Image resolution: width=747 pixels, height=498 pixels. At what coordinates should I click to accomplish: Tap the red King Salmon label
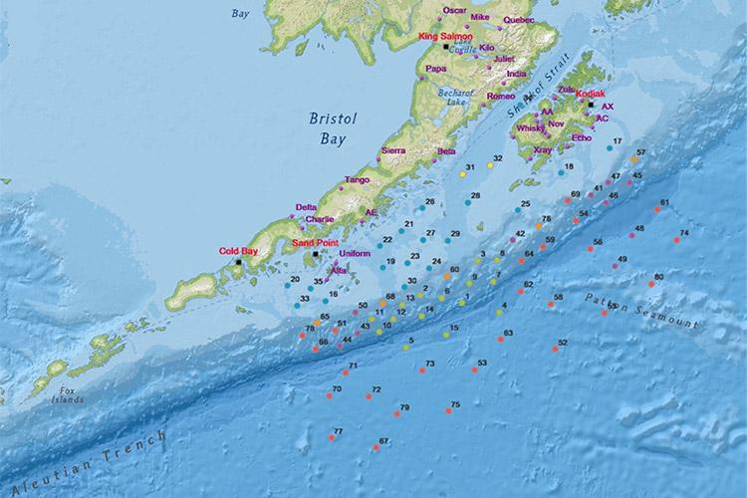pos(443,37)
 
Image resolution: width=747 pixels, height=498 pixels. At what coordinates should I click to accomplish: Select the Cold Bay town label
pos(238,251)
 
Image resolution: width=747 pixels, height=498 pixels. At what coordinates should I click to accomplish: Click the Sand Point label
pos(316,242)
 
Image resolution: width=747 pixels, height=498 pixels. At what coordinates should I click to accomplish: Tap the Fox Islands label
pos(68,395)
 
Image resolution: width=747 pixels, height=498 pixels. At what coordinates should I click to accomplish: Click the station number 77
pos(339,430)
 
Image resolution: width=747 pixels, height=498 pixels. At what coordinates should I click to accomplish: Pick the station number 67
pos(383,440)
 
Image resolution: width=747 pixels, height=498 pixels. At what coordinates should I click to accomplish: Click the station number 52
pos(563,342)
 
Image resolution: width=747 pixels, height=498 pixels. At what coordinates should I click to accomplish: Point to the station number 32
pos(497,158)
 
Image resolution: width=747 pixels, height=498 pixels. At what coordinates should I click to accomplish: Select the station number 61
pos(664,202)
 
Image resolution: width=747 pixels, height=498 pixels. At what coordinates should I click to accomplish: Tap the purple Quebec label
pos(519,19)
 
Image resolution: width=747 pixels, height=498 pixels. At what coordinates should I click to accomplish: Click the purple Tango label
pos(358,180)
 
